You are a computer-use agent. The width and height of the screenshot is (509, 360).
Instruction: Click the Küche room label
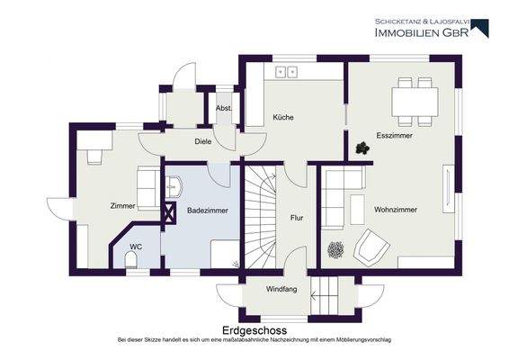pos(283,117)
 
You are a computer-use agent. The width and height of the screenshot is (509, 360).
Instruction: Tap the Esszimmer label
pos(394,136)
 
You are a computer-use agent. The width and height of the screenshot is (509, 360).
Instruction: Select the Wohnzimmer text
pos(396,210)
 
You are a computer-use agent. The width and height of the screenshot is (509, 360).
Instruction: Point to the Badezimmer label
pos(208,211)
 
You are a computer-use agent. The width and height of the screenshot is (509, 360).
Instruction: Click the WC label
pos(136,247)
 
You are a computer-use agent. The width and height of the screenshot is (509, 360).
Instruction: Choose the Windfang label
pos(281,289)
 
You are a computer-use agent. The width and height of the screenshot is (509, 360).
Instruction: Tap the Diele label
pos(203,141)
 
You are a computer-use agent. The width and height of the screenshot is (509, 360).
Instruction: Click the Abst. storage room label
pos(224,108)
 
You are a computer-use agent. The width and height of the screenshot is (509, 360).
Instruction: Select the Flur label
pos(297,218)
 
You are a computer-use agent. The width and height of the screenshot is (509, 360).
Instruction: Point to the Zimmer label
pos(122,206)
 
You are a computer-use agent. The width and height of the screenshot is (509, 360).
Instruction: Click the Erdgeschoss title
pos(254,330)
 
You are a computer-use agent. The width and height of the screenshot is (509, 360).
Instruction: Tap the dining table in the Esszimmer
pos(415,102)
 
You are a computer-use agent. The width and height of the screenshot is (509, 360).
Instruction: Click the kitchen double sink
pos(287,72)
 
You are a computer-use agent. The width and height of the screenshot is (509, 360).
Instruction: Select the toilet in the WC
pos(131,261)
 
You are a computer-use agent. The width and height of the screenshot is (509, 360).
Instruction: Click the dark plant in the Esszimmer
pos(362,148)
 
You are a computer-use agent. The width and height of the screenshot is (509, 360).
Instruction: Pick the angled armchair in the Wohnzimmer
pos(371,245)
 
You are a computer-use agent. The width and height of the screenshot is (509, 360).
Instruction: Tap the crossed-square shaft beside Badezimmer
pos(169,213)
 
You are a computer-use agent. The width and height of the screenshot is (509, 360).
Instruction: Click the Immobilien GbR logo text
pos(422,32)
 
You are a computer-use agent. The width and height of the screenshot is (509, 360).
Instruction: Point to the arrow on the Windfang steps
pos(325,296)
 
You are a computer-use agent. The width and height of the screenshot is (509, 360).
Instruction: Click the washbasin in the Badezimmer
pos(174,186)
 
